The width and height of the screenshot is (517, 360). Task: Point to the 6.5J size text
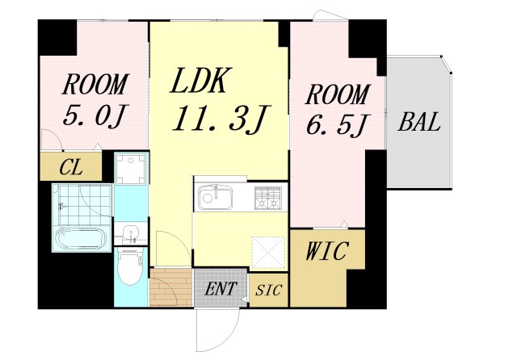pos(337,125)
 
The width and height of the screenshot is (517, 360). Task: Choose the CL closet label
pos(70,169)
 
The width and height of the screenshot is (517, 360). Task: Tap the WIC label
pos(326,252)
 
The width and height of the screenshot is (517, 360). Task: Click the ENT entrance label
pos(220,288)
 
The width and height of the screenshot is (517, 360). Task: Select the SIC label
pos(267,290)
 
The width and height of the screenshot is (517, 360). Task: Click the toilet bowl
pos(130,269)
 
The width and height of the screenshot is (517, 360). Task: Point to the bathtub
pos(82,240)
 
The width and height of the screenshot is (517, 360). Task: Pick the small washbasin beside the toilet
pos(130,235)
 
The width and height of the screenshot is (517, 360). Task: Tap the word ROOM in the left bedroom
pos(95,84)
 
